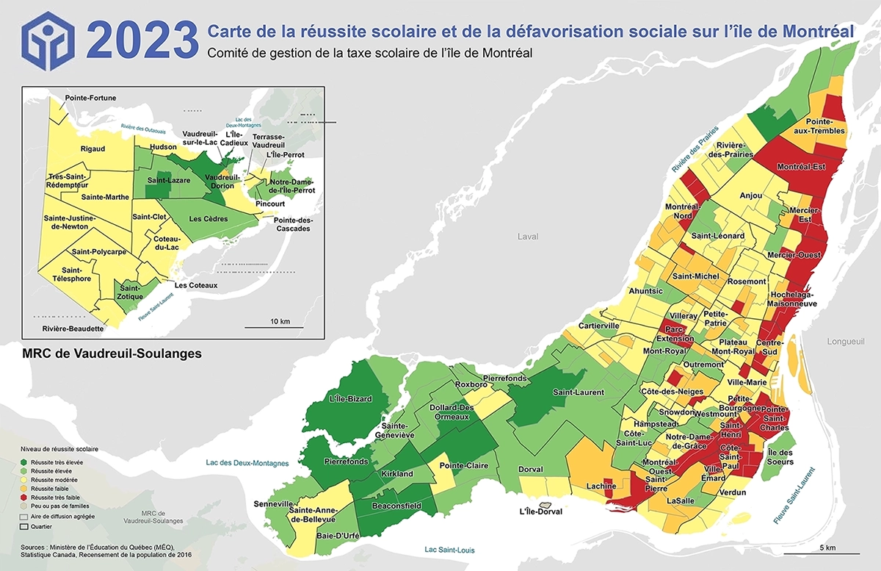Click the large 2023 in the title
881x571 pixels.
coord(142,39)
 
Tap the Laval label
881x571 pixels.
coord(527,237)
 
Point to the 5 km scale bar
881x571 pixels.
coord(821,552)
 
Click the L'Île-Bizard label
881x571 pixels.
coord(347,399)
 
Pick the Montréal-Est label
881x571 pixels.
coord(801,166)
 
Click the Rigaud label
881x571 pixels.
coord(93,148)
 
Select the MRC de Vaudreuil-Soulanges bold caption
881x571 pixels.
coord(112,353)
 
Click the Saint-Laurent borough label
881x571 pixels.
coord(579,392)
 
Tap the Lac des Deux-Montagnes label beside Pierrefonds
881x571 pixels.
coord(247,463)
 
